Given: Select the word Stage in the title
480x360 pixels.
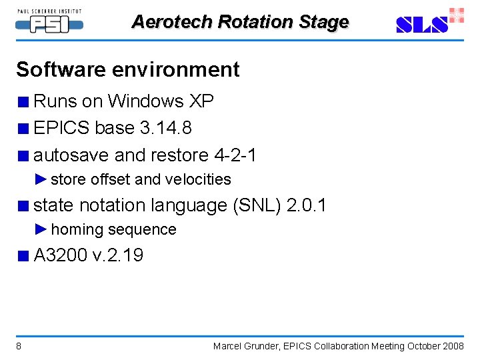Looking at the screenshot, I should click(x=323, y=22).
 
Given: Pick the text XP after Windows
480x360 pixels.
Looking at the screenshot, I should click(x=201, y=101).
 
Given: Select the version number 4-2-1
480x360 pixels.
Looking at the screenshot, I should click(x=235, y=155).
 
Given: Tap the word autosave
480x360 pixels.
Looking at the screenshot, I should click(x=71, y=155).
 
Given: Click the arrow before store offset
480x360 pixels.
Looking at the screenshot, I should click(x=41, y=179).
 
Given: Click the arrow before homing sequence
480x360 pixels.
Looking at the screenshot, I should click(x=41, y=229).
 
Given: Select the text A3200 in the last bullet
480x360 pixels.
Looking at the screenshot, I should click(x=61, y=255).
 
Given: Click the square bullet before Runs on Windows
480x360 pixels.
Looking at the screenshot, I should click(x=23, y=102).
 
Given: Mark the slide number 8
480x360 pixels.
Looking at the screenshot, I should click(x=19, y=346).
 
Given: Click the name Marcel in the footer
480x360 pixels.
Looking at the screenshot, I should click(x=228, y=346).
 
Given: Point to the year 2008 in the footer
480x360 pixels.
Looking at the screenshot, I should click(x=453, y=346).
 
